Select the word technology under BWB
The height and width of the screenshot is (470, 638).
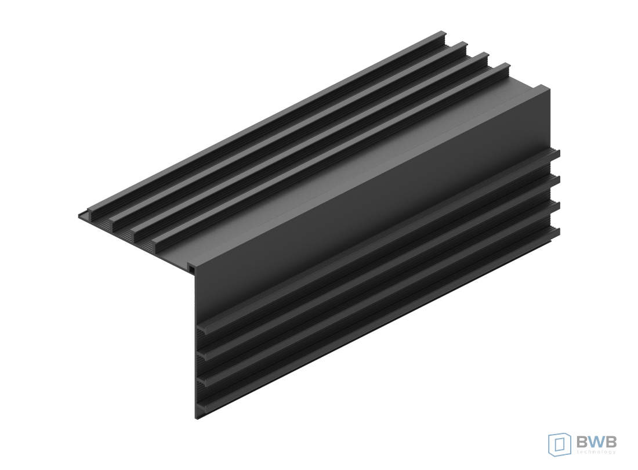click(596, 451)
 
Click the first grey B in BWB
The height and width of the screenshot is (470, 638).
click(581, 441)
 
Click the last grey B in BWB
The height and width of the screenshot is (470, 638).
click(611, 441)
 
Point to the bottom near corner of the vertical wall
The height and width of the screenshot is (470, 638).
click(197, 418)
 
